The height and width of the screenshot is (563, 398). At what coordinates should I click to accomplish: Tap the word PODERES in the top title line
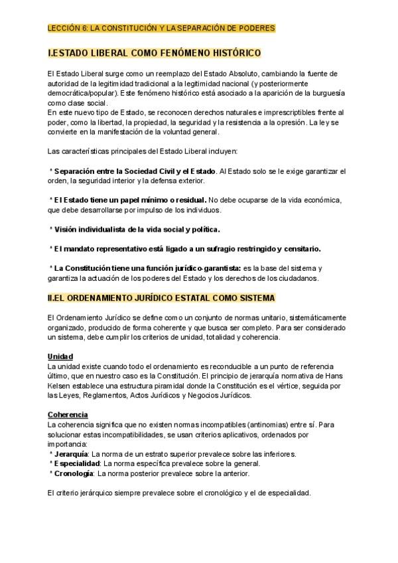[x=256, y=29]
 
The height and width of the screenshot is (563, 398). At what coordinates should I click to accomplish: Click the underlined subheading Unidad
[x=60, y=357]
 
